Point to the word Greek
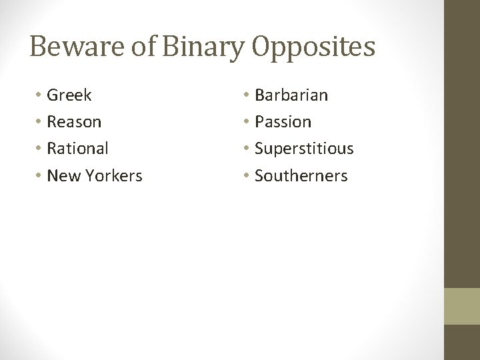click(69, 95)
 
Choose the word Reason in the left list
click(74, 122)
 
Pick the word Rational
click(77, 149)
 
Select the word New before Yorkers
click(63, 176)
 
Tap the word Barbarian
click(291, 95)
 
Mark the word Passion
click(283, 122)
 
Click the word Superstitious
click(304, 149)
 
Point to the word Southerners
click(301, 176)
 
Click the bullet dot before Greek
click(39, 95)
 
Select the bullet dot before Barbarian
click(246, 95)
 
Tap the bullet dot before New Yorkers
click(39, 176)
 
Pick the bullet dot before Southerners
click(246, 176)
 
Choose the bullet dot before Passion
click(246, 122)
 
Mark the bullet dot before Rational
click(39, 149)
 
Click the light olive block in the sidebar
click(462, 306)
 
